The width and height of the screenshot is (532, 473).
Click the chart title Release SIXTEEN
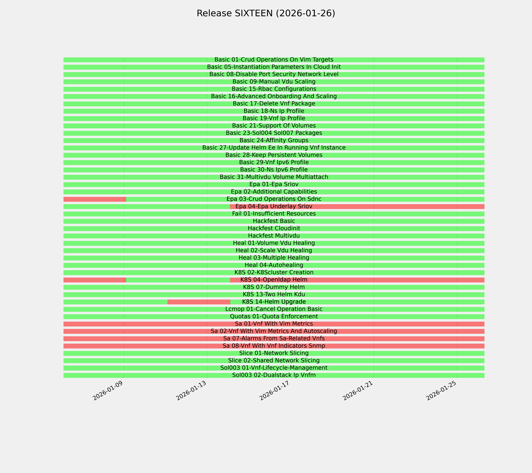(x=266, y=13)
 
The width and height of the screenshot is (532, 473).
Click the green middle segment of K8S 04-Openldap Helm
(x=178, y=280)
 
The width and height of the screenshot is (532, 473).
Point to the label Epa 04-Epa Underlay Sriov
(x=274, y=206)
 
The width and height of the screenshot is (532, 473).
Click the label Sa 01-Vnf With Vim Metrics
(x=274, y=324)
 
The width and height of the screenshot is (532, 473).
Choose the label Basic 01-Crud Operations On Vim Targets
(x=274, y=60)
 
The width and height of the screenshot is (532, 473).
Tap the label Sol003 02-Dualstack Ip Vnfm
(x=274, y=375)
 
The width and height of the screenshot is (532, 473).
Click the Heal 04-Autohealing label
(x=274, y=265)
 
